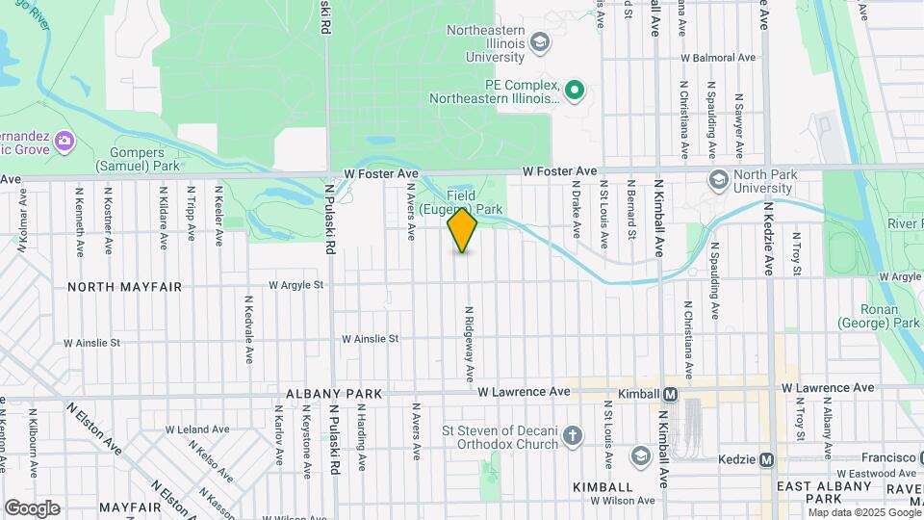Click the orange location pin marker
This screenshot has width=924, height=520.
(x=462, y=230)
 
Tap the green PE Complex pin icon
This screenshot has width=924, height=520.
(x=575, y=91)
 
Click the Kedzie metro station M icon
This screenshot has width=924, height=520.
(x=766, y=460)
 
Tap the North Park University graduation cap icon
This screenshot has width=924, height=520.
(x=718, y=180)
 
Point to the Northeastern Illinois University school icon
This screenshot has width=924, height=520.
(x=540, y=42)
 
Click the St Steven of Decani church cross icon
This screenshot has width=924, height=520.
(x=573, y=437)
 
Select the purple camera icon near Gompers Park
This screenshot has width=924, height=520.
(x=64, y=142)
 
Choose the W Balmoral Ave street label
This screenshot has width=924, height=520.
(x=720, y=58)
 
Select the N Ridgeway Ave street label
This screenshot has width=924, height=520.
(x=470, y=342)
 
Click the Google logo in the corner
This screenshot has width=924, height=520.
(x=32, y=507)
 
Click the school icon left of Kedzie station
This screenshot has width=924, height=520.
(x=640, y=455)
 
